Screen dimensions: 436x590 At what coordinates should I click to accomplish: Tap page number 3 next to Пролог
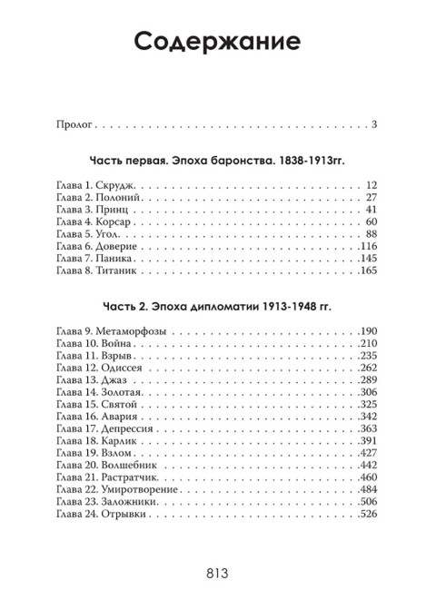pyautogui.click(x=373, y=123)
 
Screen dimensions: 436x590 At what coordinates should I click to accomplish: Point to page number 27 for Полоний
pyautogui.click(x=370, y=198)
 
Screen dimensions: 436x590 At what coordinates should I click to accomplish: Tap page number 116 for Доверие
pyautogui.click(x=367, y=246)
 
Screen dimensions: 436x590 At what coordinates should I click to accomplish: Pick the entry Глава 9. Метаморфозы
pyautogui.click(x=110, y=330)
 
